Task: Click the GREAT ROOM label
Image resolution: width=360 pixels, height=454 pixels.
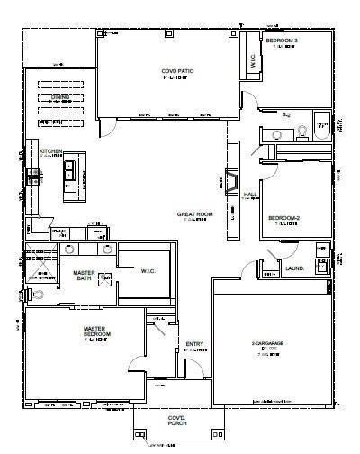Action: (193, 214)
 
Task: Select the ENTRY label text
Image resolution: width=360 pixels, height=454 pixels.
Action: (193, 344)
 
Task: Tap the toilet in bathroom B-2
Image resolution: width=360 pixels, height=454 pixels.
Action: (303, 132)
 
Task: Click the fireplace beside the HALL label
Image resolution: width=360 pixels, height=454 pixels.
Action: (230, 185)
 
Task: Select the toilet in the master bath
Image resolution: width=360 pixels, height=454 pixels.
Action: (38, 294)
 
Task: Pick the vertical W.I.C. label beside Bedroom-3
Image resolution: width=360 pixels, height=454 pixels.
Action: (252, 61)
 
